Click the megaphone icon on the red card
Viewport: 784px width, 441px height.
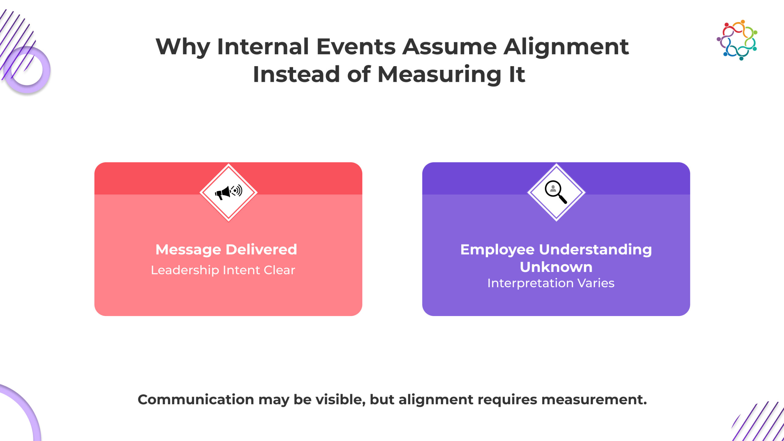[x=228, y=192]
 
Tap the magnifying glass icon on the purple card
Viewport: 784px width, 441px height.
[x=556, y=192]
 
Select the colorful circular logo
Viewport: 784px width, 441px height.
[x=737, y=40]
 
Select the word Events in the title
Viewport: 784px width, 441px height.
[x=356, y=47]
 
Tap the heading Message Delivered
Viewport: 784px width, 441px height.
[x=226, y=250]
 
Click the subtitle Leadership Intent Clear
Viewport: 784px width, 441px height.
[x=223, y=270]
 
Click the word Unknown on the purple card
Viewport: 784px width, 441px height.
[x=556, y=267]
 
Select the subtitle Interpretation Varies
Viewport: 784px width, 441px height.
[x=551, y=283]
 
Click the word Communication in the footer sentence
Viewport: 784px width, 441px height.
[x=196, y=399]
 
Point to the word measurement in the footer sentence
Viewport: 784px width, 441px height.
[x=594, y=400]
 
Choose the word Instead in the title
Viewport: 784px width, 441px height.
[x=296, y=74]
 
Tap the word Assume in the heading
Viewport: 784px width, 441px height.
[x=449, y=47]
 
